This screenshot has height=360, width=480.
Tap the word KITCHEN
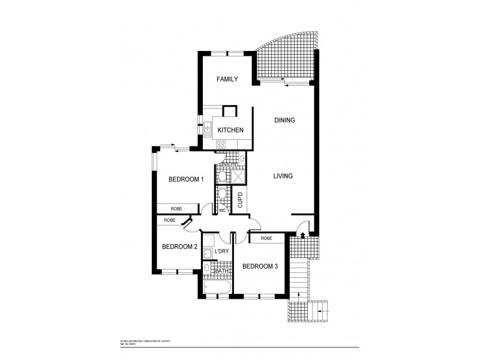[230, 130]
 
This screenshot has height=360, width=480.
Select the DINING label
[284, 120]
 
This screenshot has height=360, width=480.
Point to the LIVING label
[283, 176]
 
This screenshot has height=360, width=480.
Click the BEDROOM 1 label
[186, 179]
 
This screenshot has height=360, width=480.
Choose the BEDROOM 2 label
[179, 247]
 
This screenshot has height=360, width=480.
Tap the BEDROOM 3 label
[260, 266]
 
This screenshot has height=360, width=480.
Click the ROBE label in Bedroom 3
[267, 238]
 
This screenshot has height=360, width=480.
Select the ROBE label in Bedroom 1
[176, 209]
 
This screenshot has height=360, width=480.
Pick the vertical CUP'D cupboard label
[239, 199]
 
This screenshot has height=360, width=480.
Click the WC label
[222, 211]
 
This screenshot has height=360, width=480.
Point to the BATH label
[221, 271]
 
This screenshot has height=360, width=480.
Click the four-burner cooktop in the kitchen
[221, 144]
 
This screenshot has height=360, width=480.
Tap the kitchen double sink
[207, 127]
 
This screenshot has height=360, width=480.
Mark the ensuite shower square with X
[237, 176]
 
